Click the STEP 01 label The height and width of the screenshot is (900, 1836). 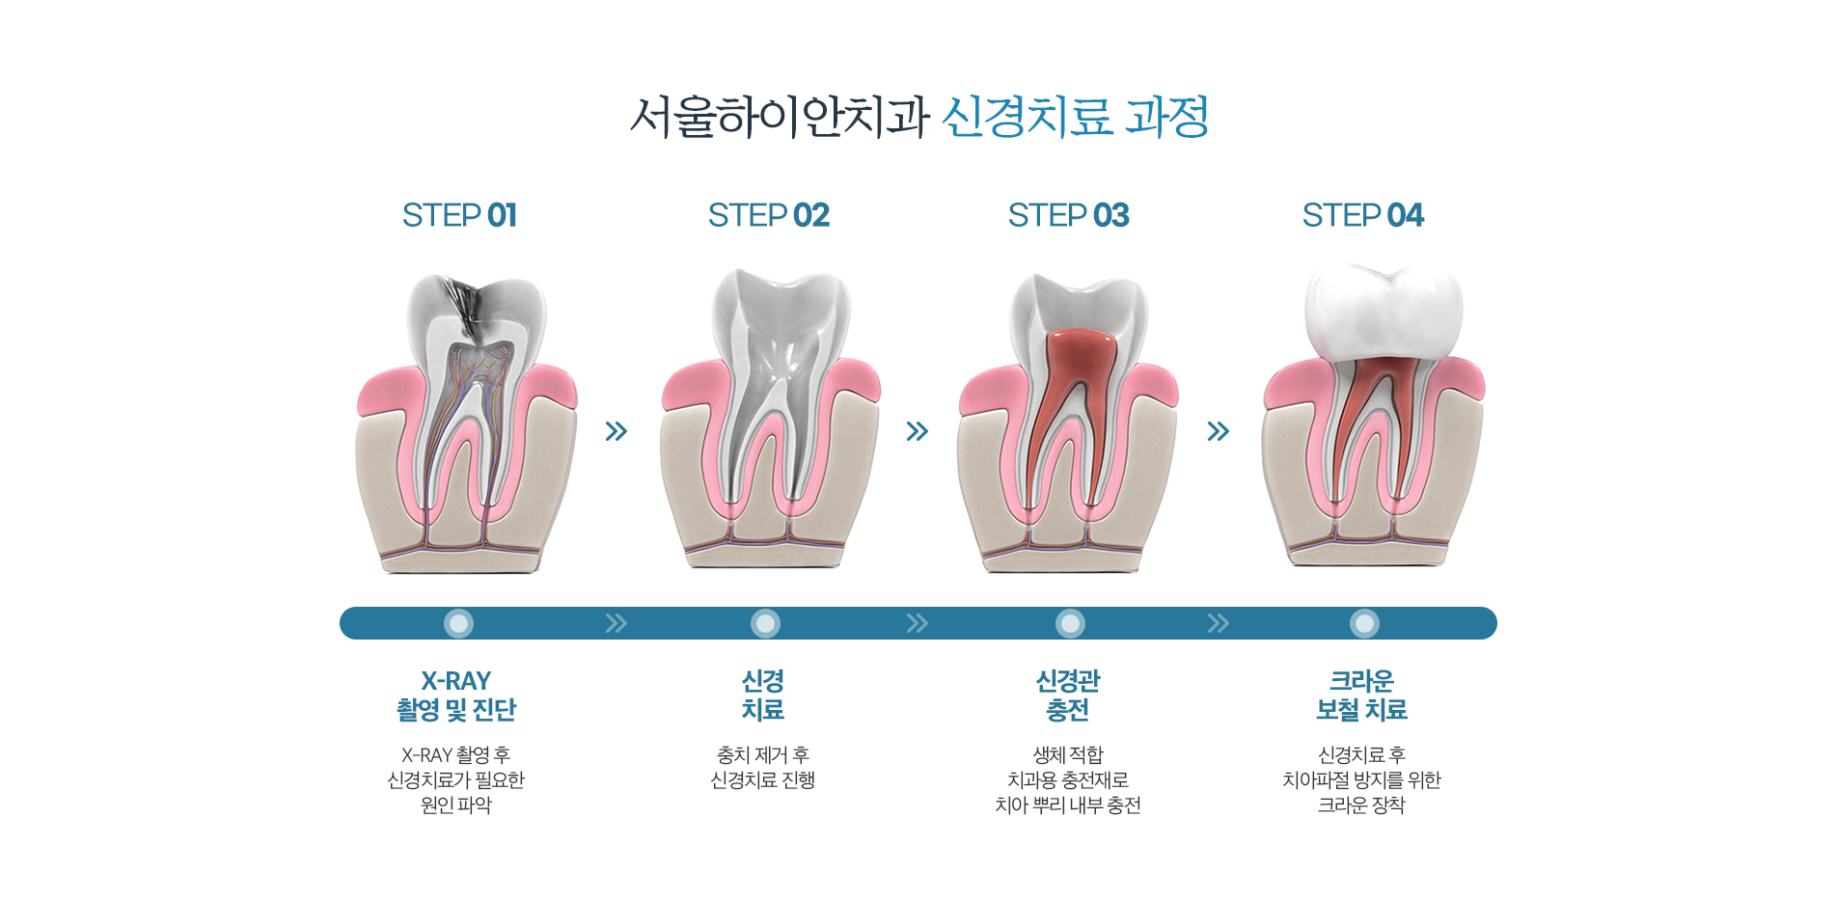[459, 215]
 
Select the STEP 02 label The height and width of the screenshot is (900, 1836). [769, 215]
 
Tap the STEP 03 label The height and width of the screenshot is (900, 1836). [1069, 215]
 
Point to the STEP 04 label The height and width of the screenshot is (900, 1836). [1363, 215]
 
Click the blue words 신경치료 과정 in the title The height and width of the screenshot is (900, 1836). [1075, 117]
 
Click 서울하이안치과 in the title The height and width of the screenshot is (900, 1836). [780, 117]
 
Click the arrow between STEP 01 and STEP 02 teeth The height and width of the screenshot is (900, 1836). [617, 431]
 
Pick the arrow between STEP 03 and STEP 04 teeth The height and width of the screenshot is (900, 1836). [1219, 431]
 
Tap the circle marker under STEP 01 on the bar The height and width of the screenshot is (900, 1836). [459, 624]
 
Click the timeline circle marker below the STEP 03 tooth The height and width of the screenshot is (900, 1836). [1070, 624]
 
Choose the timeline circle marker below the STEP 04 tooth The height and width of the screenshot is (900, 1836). [1364, 624]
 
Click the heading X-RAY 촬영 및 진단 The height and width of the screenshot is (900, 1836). [456, 695]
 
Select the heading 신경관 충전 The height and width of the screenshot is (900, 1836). [1068, 695]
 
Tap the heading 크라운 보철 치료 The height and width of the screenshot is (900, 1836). [1362, 695]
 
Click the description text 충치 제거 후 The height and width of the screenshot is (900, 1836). [763, 754]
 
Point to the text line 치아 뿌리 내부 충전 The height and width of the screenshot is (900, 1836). [1068, 805]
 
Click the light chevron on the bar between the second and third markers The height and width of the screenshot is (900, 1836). [918, 623]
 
